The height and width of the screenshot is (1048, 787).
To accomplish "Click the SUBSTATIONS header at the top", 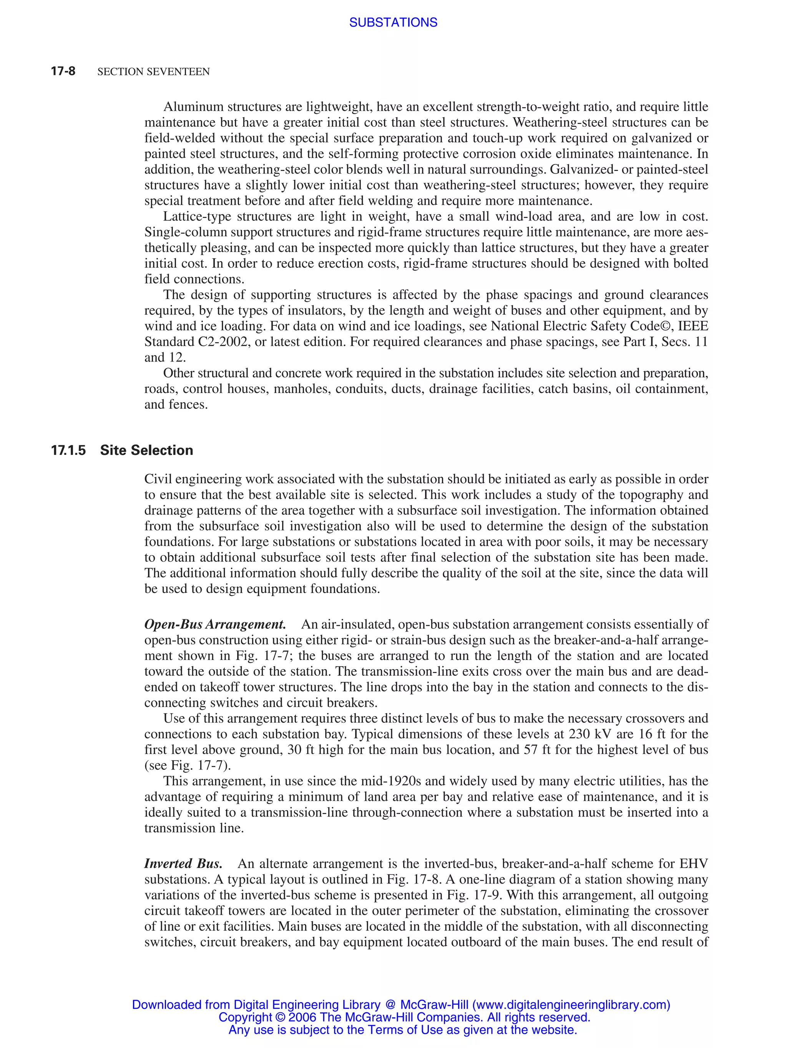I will point(393,22).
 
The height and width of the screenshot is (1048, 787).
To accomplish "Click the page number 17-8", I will point(63,71).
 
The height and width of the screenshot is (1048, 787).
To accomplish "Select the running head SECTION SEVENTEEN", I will point(153,71).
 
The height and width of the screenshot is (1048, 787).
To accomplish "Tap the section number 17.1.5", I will point(68,450).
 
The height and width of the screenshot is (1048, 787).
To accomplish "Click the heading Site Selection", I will point(146,450).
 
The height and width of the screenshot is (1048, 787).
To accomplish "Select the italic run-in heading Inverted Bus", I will point(183,864).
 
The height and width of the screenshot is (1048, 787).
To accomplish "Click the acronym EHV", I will point(694,864).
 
